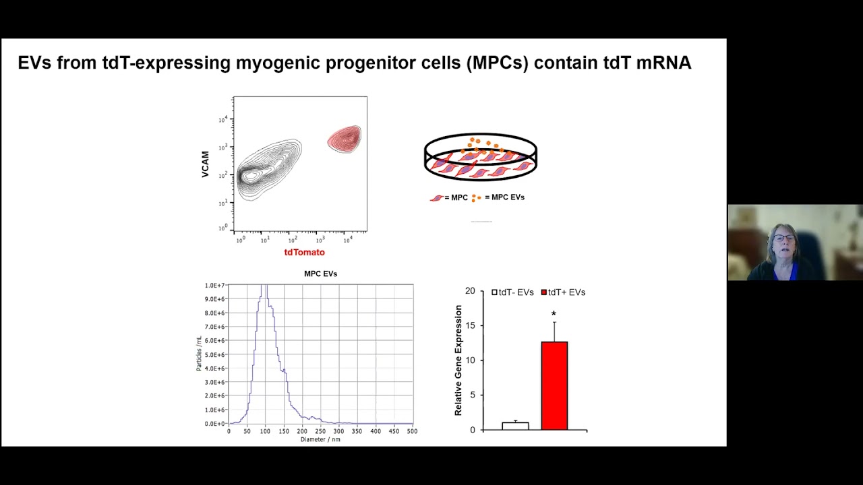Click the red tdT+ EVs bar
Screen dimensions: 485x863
click(554, 385)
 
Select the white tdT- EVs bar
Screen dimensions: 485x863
click(515, 426)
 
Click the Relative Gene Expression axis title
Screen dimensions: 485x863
click(458, 360)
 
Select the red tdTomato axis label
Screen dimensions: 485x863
click(304, 253)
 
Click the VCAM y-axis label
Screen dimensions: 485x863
click(206, 164)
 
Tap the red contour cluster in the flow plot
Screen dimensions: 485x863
click(345, 139)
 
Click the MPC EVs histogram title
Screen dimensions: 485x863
click(320, 274)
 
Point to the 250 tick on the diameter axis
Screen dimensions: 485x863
click(320, 431)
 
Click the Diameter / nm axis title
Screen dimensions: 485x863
click(320, 440)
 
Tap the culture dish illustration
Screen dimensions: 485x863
click(480, 158)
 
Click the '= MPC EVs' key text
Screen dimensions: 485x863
click(504, 197)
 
